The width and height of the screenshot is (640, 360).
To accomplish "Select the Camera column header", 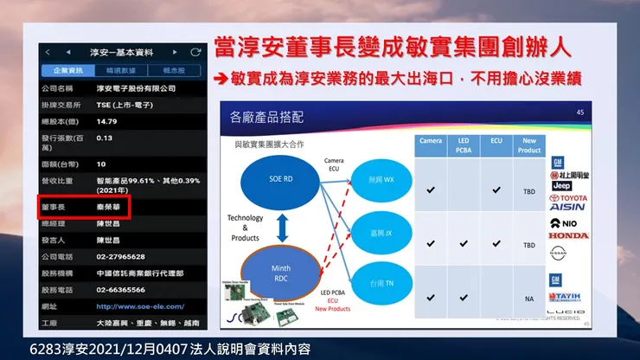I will (431, 140).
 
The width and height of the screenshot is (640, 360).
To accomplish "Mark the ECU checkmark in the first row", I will (496, 189).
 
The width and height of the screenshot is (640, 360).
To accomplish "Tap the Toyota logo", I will (568, 198).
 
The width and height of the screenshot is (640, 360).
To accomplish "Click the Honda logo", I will (568, 235).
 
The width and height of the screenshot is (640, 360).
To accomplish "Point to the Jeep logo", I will (563, 185).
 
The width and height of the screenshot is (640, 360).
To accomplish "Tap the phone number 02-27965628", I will (120, 257).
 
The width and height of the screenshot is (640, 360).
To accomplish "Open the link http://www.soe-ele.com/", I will (140, 306).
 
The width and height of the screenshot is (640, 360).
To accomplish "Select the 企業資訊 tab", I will (68, 70).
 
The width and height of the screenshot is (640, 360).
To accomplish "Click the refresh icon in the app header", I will (195, 52).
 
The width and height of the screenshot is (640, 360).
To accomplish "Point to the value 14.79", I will (106, 121).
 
